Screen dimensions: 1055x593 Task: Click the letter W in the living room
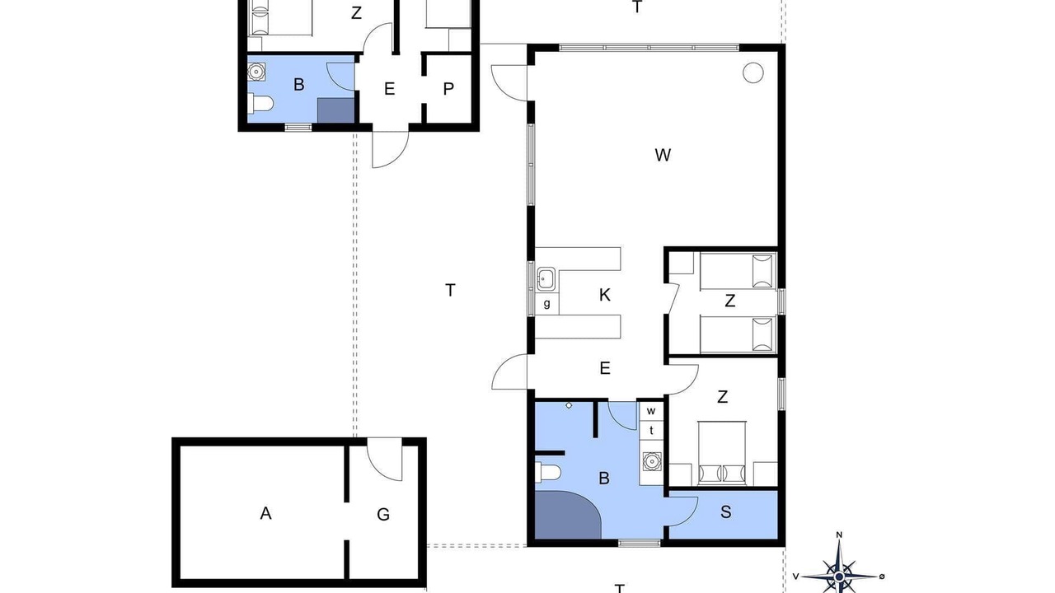tap(663, 155)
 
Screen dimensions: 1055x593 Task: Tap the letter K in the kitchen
tap(605, 295)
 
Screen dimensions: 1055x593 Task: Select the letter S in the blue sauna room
tap(726, 512)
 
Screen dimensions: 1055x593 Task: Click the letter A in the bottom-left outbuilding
tap(265, 513)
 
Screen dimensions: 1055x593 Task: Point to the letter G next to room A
tap(383, 515)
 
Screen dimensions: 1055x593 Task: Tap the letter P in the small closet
tap(448, 88)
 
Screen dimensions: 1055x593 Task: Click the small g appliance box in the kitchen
tap(546, 304)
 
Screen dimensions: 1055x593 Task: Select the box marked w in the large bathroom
tap(651, 411)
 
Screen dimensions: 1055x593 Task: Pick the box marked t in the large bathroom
tap(651, 430)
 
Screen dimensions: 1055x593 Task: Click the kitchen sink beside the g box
tap(546, 279)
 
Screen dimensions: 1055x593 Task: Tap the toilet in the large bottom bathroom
tap(548, 472)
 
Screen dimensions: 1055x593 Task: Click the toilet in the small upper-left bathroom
tap(260, 104)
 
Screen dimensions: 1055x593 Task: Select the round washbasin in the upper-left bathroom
tap(256, 72)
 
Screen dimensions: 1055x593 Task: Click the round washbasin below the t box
tap(652, 461)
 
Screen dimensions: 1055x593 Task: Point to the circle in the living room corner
tap(753, 73)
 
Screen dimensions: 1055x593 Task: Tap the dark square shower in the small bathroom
tap(335, 110)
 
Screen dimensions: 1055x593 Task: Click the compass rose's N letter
tap(839, 535)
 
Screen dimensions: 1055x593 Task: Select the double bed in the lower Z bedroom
tap(722, 453)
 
